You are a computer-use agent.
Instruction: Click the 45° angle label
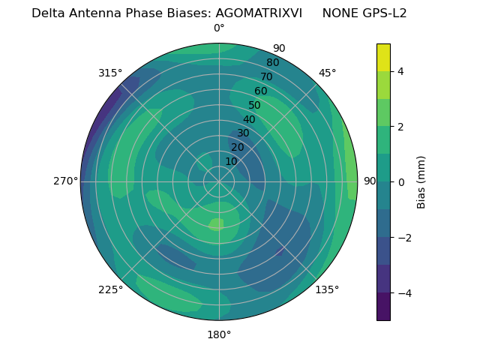tap(328, 73)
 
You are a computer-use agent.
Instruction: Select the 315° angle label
tap(110, 73)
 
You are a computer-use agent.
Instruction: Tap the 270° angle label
tap(65, 181)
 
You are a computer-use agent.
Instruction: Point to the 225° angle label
tap(110, 289)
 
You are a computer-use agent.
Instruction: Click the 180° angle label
tap(219, 334)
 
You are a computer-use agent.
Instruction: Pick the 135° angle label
tap(328, 289)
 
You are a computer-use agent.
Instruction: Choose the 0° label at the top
tap(219, 28)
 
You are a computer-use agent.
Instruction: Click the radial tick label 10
tap(231, 161)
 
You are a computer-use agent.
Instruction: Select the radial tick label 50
tap(255, 105)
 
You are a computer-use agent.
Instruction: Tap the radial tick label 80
tap(273, 62)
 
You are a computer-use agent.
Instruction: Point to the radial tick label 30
tap(243, 133)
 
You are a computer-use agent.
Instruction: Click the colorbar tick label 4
tap(401, 71)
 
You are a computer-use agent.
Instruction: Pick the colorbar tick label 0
tap(401, 182)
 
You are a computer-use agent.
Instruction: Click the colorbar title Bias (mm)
tap(421, 182)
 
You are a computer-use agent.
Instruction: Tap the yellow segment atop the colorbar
tap(383, 57)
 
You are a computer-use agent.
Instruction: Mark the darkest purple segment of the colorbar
tap(383, 307)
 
